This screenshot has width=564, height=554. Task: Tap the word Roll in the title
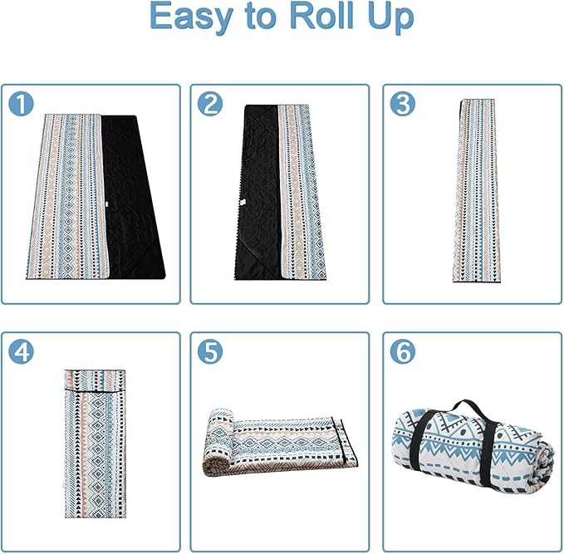click(x=321, y=16)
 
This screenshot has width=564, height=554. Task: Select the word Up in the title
click(x=390, y=18)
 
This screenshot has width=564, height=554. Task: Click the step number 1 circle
click(x=21, y=104)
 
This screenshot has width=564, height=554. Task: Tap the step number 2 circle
click(x=210, y=104)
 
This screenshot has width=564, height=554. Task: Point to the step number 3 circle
click(x=403, y=104)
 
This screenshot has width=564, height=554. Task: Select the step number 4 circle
click(x=21, y=351)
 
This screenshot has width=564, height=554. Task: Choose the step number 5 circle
click(x=210, y=351)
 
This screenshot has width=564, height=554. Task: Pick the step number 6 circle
click(x=403, y=351)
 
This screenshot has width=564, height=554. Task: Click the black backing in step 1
click(x=133, y=198)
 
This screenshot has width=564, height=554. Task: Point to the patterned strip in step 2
click(x=302, y=193)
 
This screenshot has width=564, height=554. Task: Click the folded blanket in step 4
click(x=96, y=444)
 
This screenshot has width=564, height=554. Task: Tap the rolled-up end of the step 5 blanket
click(x=220, y=442)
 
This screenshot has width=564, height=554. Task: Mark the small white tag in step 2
click(x=242, y=203)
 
